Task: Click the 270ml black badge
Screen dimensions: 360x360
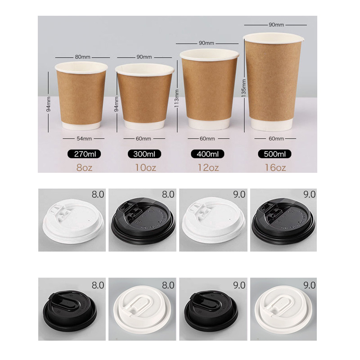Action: pyautogui.click(x=84, y=154)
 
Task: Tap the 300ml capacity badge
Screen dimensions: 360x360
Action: pyautogui.click(x=144, y=154)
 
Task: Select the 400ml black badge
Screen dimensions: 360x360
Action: pyautogui.click(x=207, y=154)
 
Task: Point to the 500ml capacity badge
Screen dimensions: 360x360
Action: pyautogui.click(x=274, y=154)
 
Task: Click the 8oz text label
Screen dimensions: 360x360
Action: pyautogui.click(x=84, y=168)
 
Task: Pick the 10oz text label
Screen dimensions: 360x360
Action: pyautogui.click(x=145, y=168)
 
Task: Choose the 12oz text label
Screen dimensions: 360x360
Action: pyautogui.click(x=208, y=168)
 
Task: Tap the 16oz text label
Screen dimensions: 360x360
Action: pyautogui.click(x=275, y=168)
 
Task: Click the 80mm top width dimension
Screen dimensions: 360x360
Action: pyautogui.click(x=83, y=57)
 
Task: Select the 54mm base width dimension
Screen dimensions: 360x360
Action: pyautogui.click(x=84, y=139)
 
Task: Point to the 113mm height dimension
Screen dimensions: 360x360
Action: pyautogui.click(x=177, y=96)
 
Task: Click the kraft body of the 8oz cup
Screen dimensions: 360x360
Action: pyautogui.click(x=81, y=98)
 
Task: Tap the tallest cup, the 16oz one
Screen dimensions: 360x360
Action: pyautogui.click(x=274, y=82)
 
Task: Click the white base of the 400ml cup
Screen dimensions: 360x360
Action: pyautogui.click(x=209, y=124)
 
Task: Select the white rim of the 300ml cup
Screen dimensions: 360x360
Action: pyautogui.click(x=144, y=70)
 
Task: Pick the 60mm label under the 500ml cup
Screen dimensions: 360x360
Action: pyautogui.click(x=276, y=139)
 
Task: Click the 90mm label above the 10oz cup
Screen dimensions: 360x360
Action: pyautogui.click(x=144, y=57)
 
